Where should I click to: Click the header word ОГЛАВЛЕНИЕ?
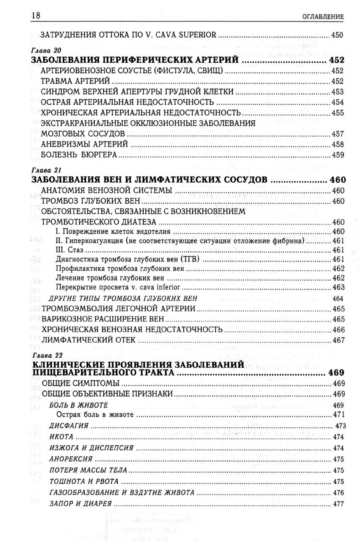[322, 17]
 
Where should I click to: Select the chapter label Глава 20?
[44, 51]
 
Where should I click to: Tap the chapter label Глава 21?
[44, 170]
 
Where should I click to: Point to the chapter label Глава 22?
[44, 355]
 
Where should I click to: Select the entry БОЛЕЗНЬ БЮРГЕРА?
[79, 155]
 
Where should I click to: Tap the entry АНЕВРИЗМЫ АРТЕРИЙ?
[85, 144]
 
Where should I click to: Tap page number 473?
[341, 425]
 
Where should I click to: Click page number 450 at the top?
[337, 35]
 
